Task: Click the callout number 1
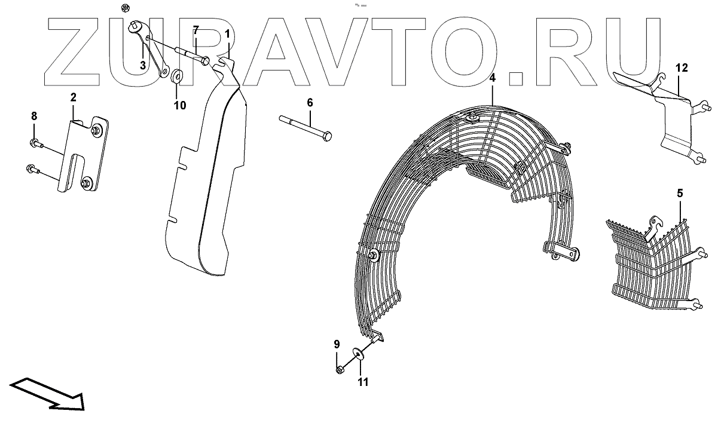pyautogui.click(x=228, y=34)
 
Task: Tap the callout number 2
pyautogui.click(x=73, y=97)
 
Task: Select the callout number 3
pyautogui.click(x=143, y=65)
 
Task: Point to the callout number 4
pyautogui.click(x=492, y=78)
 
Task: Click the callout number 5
pyautogui.click(x=680, y=193)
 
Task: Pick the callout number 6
pyautogui.click(x=310, y=103)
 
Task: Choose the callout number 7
pyautogui.click(x=195, y=30)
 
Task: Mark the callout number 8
pyautogui.click(x=34, y=115)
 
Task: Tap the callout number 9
pyautogui.click(x=337, y=344)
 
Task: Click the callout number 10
pyautogui.click(x=179, y=106)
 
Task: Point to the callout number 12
pyautogui.click(x=682, y=68)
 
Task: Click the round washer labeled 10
pyautogui.click(x=178, y=77)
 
